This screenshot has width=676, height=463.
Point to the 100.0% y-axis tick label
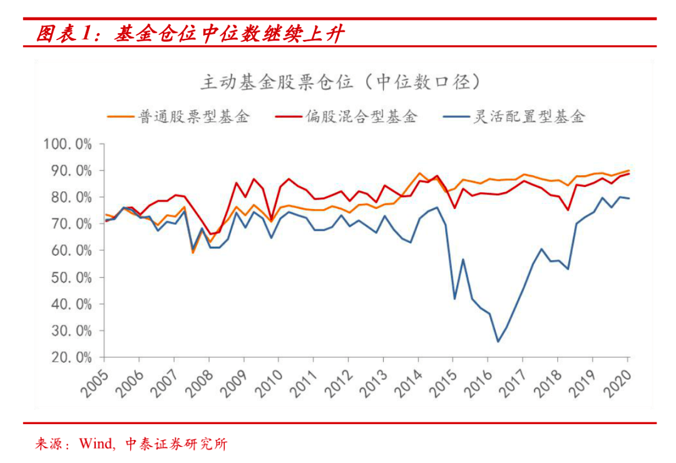[x=68, y=145]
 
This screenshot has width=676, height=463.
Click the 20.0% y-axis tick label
[x=70, y=357]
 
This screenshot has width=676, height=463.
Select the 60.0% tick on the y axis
[x=70, y=251]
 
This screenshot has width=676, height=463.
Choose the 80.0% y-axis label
[x=70, y=198]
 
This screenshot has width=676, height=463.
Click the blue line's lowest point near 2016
[x=498, y=341]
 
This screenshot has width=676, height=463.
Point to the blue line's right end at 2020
[x=628, y=198]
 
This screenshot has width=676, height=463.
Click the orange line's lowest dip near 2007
[x=193, y=252]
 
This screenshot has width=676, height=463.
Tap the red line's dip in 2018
[x=568, y=210]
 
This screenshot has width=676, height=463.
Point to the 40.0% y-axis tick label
[x=70, y=304]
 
